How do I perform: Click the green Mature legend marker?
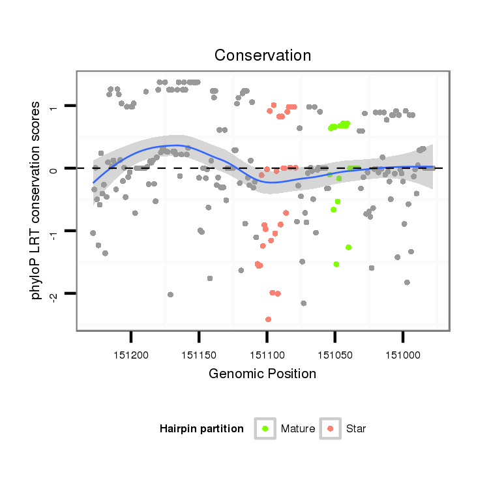pos(265,428)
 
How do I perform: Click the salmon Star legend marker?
pos(331,428)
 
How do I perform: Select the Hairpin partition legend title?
pos(201,429)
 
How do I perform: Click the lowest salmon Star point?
pos(268,319)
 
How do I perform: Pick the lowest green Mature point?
pos(336,264)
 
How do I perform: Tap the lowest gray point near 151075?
pos(303,303)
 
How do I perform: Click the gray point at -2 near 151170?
pos(170,294)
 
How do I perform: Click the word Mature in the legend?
pos(298,429)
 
